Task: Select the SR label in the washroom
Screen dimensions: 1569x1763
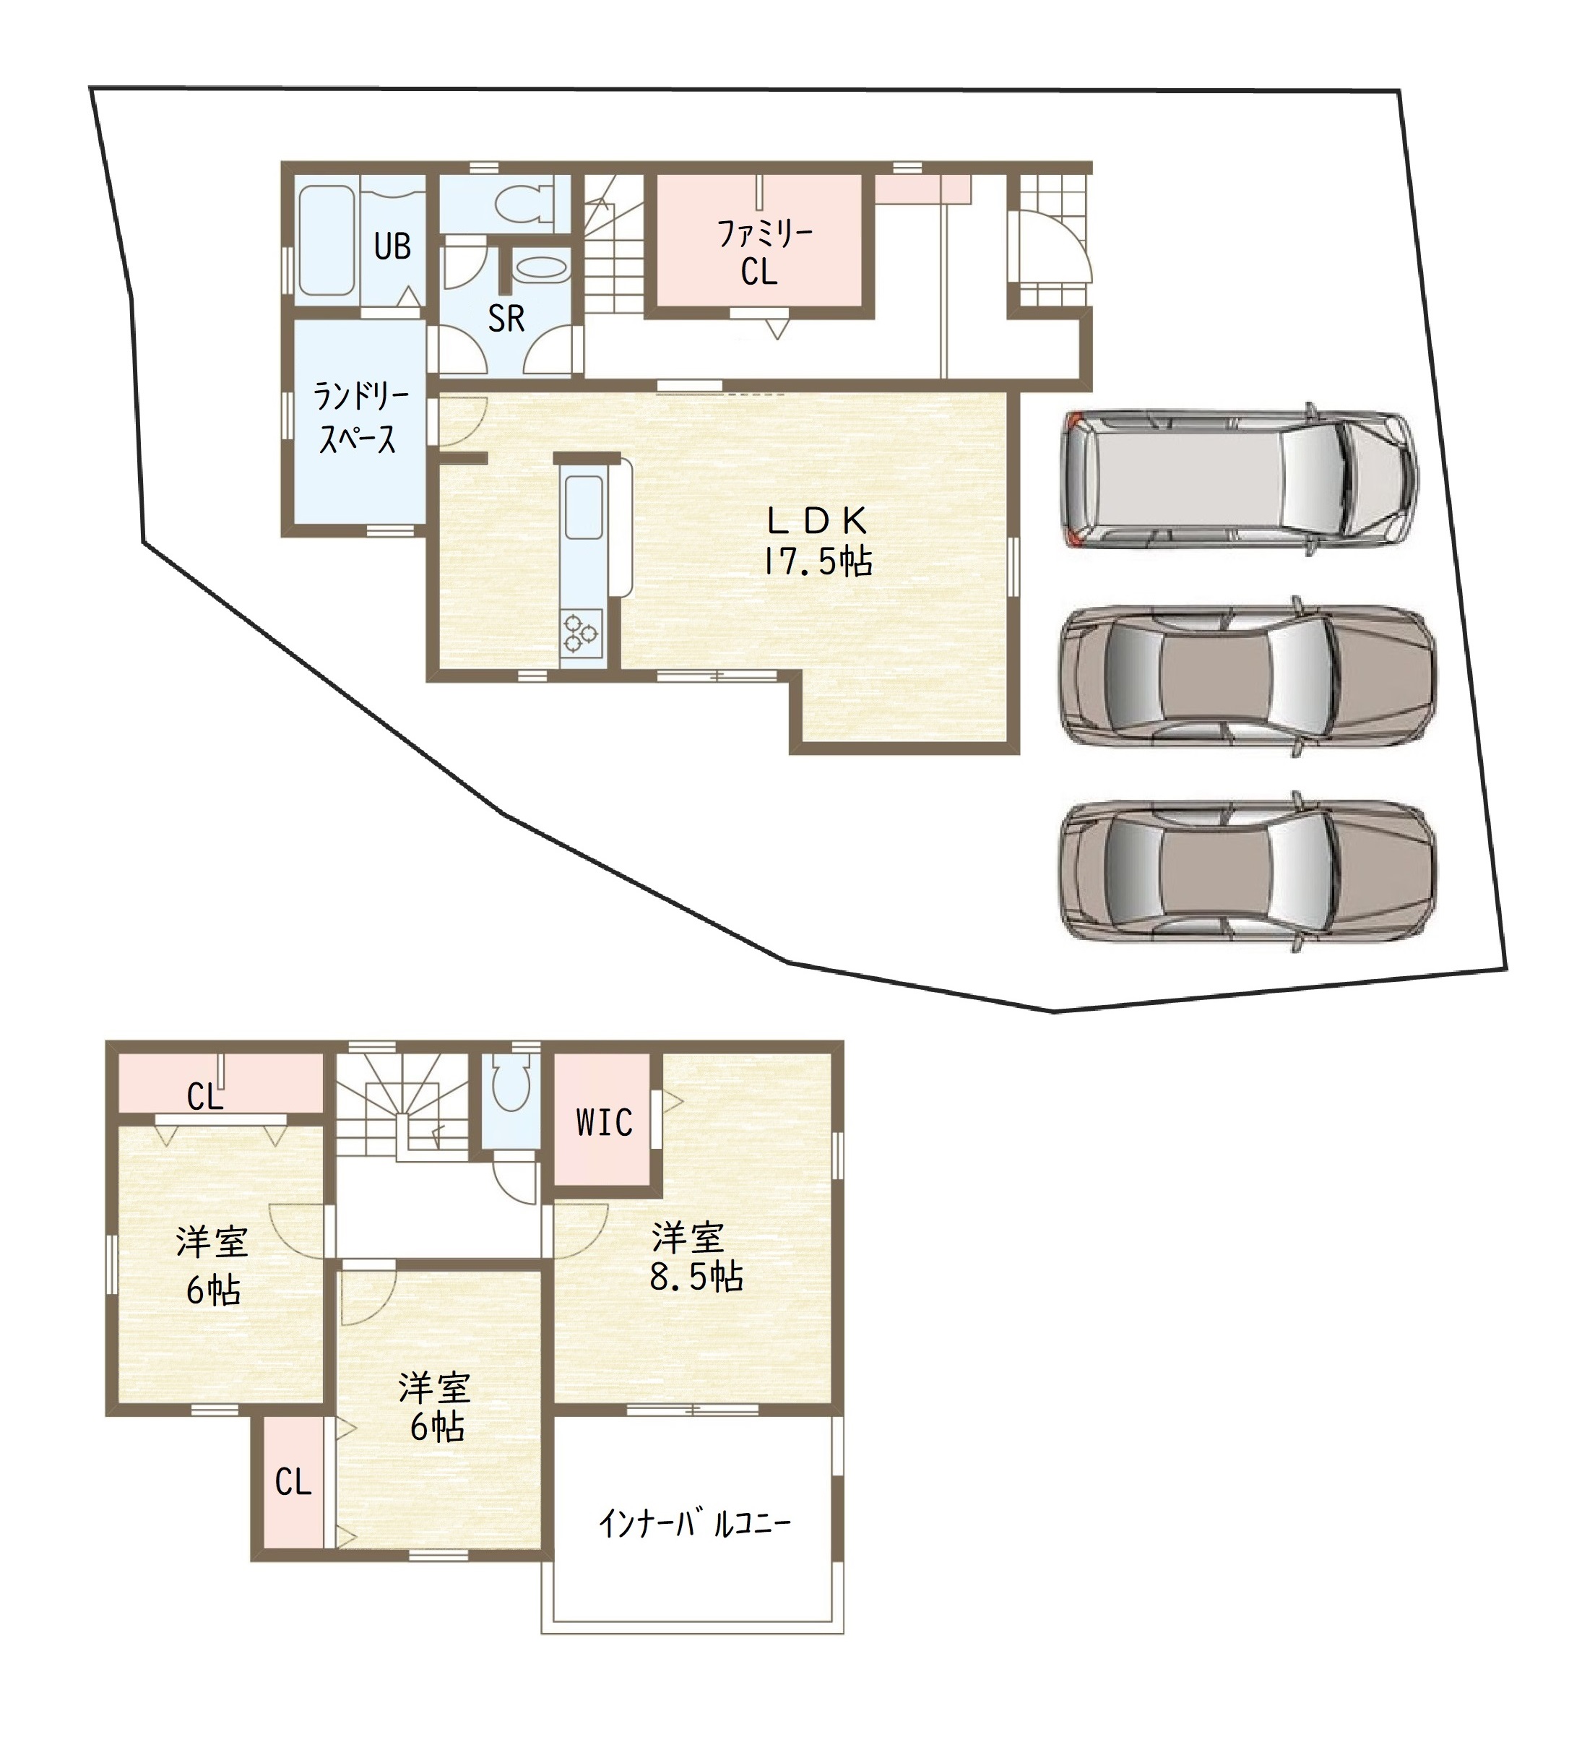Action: [x=506, y=319]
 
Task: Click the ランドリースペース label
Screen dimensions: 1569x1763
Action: [x=360, y=418]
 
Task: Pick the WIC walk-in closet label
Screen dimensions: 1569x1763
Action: [x=604, y=1123]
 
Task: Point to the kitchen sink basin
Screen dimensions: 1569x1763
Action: [x=584, y=508]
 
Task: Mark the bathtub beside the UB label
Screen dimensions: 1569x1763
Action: [x=327, y=241]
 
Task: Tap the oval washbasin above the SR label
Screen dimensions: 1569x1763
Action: [x=542, y=269]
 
